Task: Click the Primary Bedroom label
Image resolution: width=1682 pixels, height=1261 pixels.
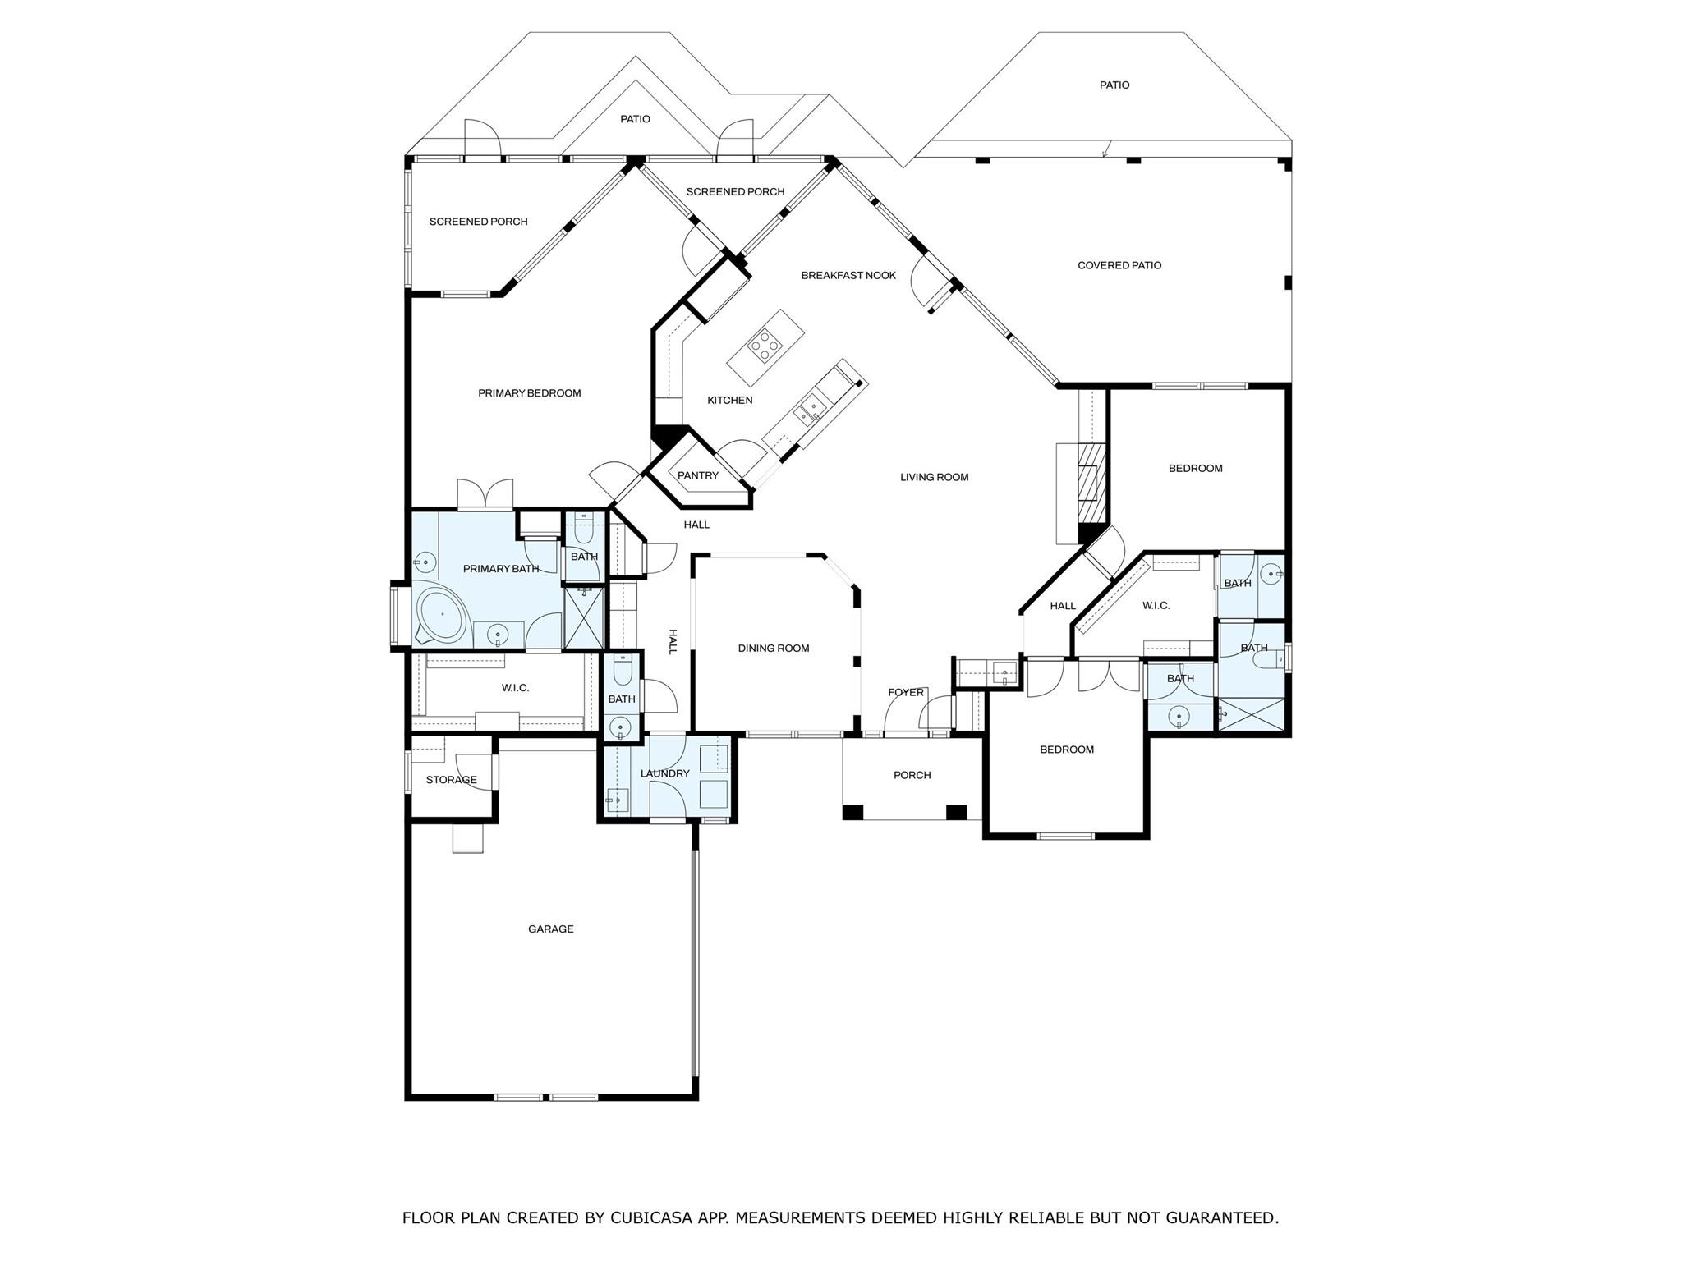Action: [x=529, y=393]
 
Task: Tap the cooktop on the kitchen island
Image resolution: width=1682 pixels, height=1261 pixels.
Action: [x=765, y=345]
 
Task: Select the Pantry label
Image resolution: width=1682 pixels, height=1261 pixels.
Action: [x=697, y=475]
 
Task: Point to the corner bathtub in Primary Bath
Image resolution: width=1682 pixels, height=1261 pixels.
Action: [x=441, y=614]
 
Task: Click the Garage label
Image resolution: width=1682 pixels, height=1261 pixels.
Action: [x=550, y=929]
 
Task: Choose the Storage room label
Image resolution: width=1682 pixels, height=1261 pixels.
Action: [x=451, y=780]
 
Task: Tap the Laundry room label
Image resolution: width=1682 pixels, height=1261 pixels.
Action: [x=664, y=773]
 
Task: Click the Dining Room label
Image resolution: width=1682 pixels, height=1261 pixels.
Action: [x=773, y=649]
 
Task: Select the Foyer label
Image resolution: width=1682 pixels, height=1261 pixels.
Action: [x=905, y=693]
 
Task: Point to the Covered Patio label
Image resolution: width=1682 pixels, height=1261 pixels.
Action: [x=1119, y=265]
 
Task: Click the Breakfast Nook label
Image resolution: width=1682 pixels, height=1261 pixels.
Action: [x=848, y=276]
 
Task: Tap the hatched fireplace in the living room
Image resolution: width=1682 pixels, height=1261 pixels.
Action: [x=1091, y=483]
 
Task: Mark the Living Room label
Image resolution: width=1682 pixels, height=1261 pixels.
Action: [x=934, y=477]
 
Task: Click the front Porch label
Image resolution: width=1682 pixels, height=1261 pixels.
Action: [x=912, y=775]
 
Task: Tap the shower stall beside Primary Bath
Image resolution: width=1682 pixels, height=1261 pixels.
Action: [x=584, y=617]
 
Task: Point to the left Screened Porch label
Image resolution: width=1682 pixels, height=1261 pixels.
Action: [x=478, y=222]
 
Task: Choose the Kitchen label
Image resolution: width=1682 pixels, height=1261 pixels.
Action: [x=729, y=401]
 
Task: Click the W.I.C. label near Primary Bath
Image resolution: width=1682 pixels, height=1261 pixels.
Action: [x=515, y=688]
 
